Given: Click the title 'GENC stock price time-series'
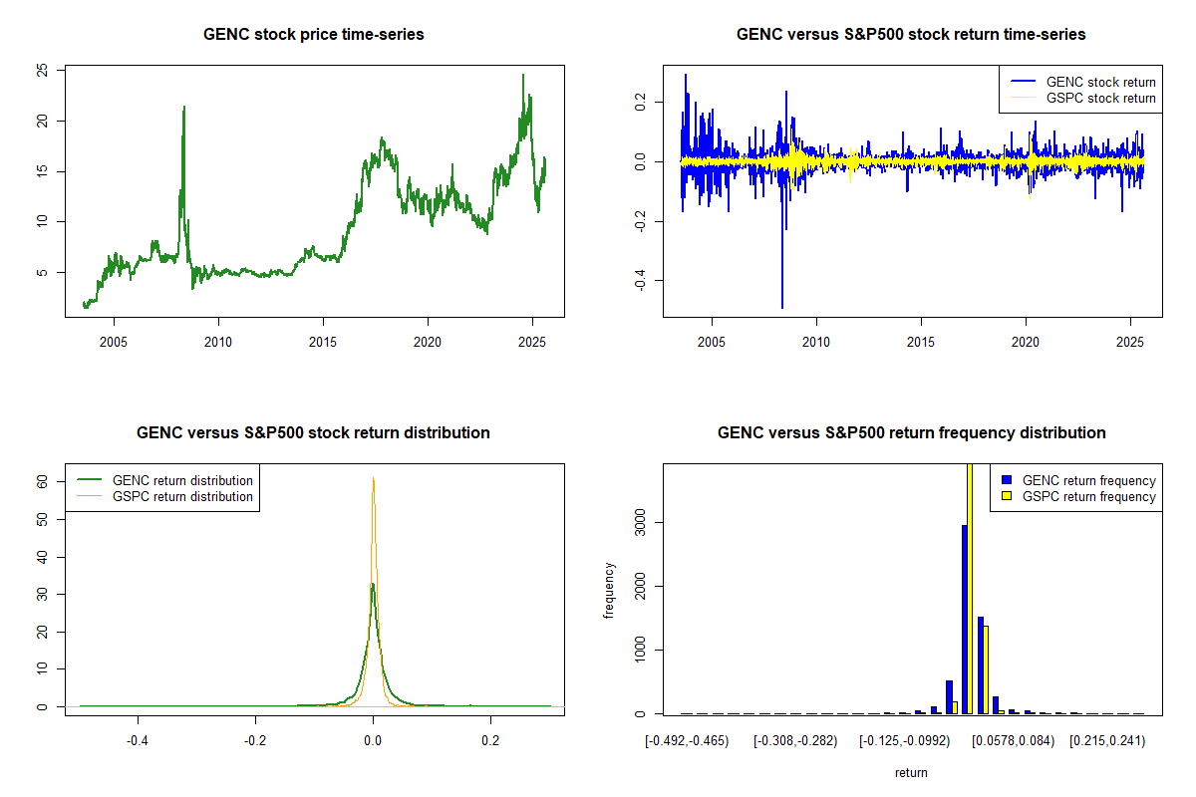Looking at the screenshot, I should [313, 35].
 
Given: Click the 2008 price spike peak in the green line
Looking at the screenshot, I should [183, 107].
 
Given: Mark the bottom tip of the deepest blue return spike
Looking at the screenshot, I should [782, 308].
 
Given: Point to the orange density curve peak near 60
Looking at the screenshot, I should [374, 478].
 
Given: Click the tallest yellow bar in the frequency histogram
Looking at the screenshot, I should [970, 588].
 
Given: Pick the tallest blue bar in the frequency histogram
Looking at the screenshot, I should [964, 619].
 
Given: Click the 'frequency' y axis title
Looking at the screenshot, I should [610, 590].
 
